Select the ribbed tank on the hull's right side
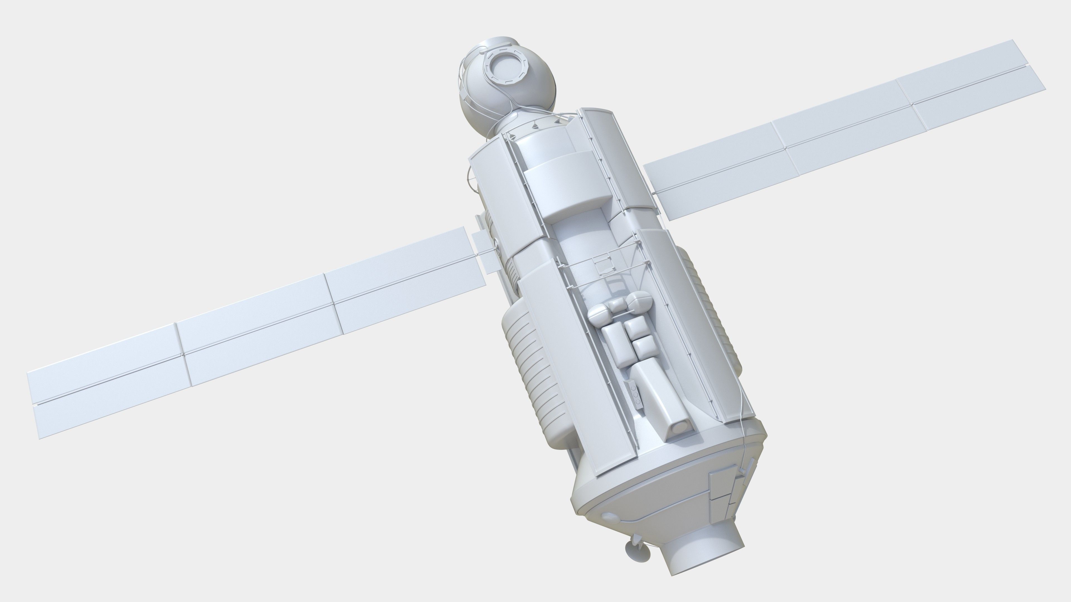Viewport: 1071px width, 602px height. pyautogui.click(x=707, y=307)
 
